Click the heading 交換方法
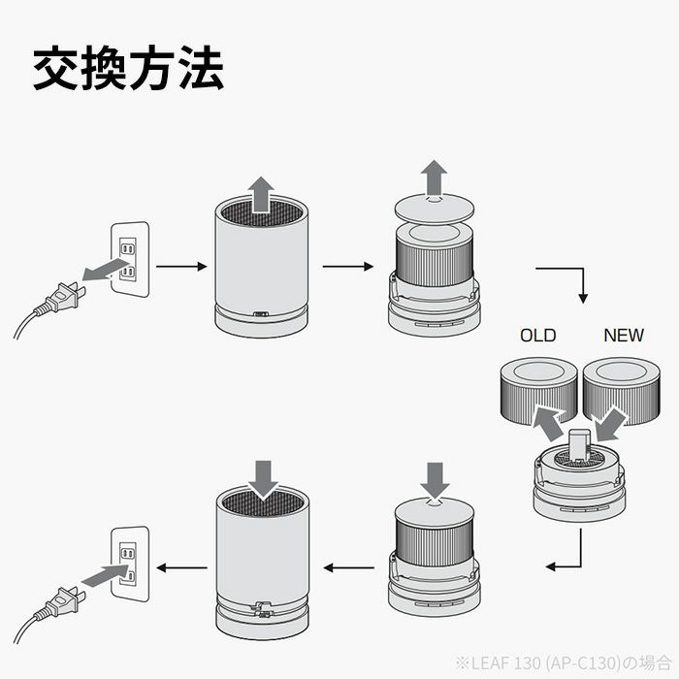click(x=129, y=69)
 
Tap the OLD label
click(x=537, y=336)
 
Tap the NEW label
click(x=623, y=336)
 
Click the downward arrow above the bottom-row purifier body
click(x=262, y=475)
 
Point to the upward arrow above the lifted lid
click(x=435, y=180)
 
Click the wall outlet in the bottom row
click(x=128, y=562)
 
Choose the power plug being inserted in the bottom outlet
click(x=61, y=601)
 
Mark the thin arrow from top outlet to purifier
click(x=181, y=265)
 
